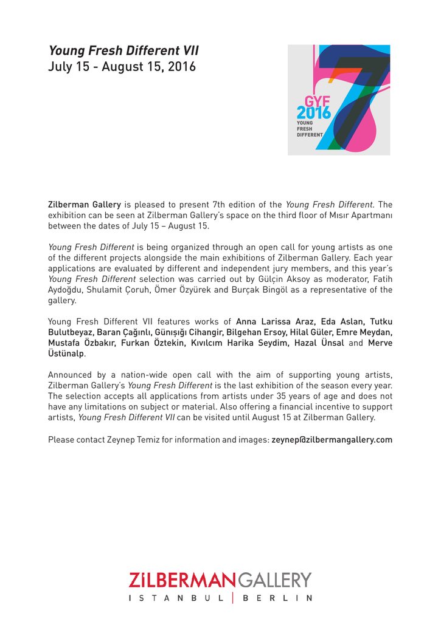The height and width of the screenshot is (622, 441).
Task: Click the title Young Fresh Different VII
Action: tap(123, 50)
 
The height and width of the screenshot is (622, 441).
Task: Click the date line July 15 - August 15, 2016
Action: tap(122, 67)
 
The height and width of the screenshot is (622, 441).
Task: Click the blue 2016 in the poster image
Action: tap(314, 112)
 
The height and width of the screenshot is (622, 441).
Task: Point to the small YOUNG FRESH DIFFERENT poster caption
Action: tap(308, 129)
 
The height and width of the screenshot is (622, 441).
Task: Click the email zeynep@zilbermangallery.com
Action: tap(332, 440)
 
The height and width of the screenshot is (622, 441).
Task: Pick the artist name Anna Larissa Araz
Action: tap(274, 322)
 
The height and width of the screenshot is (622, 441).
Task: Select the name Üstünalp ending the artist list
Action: tap(66, 354)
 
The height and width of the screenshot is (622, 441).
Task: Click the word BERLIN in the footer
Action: tap(277, 598)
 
